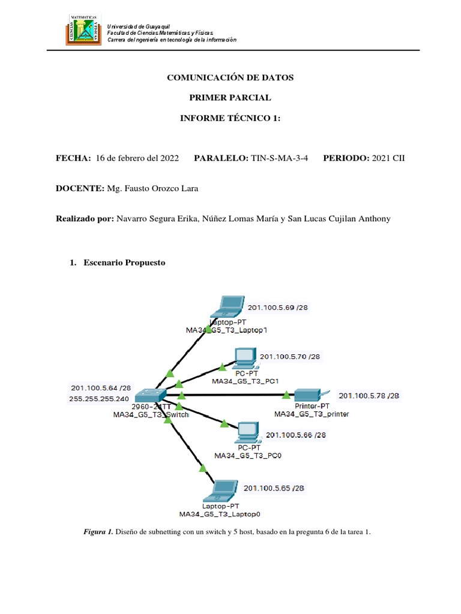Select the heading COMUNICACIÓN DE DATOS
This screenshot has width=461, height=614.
click(x=230, y=78)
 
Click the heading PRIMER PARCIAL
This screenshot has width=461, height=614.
click(x=230, y=98)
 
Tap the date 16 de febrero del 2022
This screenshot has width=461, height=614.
click(x=137, y=158)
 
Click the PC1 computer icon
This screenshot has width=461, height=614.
click(x=245, y=357)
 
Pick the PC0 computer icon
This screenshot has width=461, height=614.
click(x=247, y=432)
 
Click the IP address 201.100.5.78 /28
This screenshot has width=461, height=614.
click(x=369, y=395)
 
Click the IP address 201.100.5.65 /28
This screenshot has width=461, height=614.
click(x=274, y=488)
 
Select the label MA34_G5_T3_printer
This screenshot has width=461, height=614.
click(x=311, y=414)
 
